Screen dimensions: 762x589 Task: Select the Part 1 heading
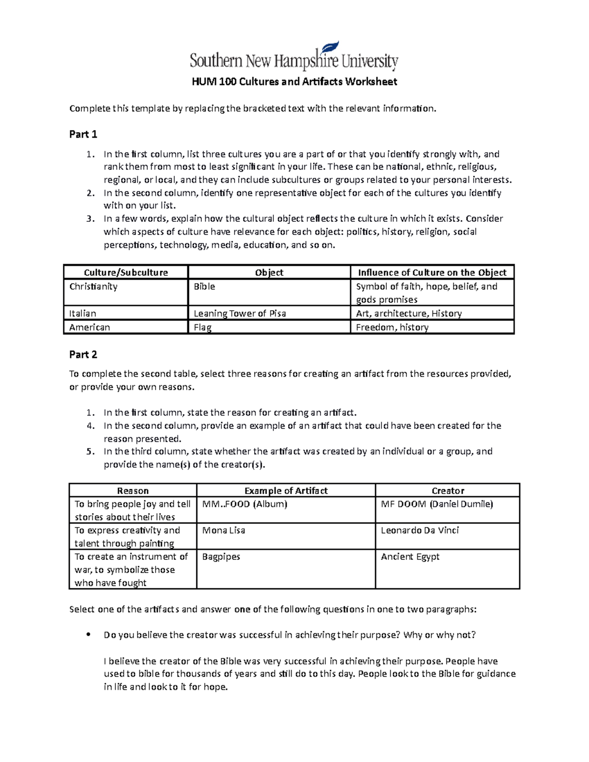tap(83, 134)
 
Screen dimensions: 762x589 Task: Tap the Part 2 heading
tap(83, 355)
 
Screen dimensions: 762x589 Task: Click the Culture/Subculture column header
tap(126, 273)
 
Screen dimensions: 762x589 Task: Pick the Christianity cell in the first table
tap(93, 287)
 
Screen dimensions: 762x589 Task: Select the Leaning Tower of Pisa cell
tap(240, 314)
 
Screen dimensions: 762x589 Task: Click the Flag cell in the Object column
tap(203, 327)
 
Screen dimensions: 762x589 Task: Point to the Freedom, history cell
tap(392, 327)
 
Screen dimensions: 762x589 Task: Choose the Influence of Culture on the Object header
tap(432, 273)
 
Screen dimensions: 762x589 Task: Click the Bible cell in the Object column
tap(204, 287)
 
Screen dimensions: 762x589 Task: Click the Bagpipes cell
tap(221, 557)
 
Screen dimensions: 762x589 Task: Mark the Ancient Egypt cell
tap(410, 557)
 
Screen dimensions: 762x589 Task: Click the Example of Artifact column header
tap(286, 491)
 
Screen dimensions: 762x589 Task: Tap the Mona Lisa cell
tap(223, 530)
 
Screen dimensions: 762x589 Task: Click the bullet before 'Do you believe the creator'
tap(88, 634)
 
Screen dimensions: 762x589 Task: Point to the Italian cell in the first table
tap(82, 314)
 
